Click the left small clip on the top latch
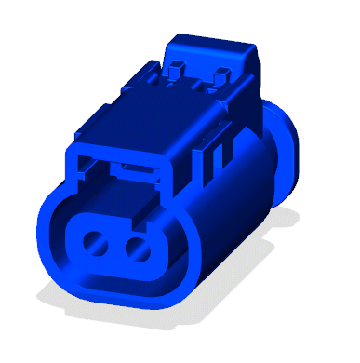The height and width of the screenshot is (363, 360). (174, 67)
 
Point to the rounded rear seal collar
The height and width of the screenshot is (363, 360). (285, 149)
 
